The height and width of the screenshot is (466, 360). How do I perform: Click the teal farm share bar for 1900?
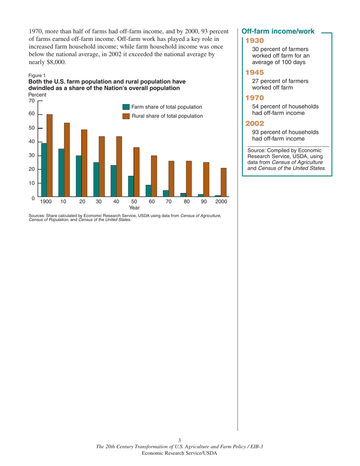pyautogui.click(x=44, y=170)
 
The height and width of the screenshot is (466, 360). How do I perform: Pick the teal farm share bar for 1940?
pyautogui.click(x=113, y=181)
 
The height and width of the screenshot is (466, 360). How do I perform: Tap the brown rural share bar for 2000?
pyautogui.click(x=224, y=182)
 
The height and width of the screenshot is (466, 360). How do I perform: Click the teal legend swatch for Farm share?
pyautogui.click(x=126, y=108)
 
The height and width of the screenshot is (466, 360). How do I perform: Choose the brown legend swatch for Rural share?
pyautogui.click(x=126, y=116)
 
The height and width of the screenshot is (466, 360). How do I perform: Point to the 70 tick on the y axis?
pyautogui.click(x=40, y=101)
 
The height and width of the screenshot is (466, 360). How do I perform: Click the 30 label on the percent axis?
pyautogui.click(x=32, y=155)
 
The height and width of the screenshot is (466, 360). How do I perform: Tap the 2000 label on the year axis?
pyautogui.click(x=221, y=202)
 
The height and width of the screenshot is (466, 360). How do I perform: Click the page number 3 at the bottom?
pyautogui.click(x=180, y=440)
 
